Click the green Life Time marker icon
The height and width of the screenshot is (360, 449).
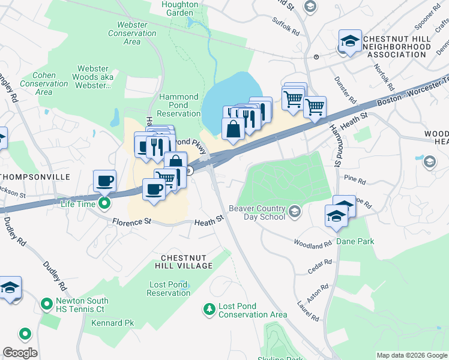[x=104, y=203]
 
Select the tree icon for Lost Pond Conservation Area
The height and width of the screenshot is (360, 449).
[x=209, y=309]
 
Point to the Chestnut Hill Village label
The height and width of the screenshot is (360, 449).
[x=186, y=261]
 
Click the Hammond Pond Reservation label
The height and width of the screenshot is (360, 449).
[x=178, y=105]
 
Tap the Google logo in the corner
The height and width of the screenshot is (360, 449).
[x=20, y=353]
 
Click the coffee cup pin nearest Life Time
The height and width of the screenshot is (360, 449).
[x=105, y=181]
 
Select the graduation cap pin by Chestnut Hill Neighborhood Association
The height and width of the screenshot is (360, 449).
[x=350, y=41]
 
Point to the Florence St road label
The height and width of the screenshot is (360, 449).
[x=131, y=222]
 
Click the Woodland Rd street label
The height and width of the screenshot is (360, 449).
[x=312, y=244]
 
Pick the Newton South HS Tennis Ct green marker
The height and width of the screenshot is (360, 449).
[x=46, y=305]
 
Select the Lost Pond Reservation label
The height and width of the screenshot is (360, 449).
[x=168, y=288]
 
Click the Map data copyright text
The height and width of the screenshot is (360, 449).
[x=411, y=355]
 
